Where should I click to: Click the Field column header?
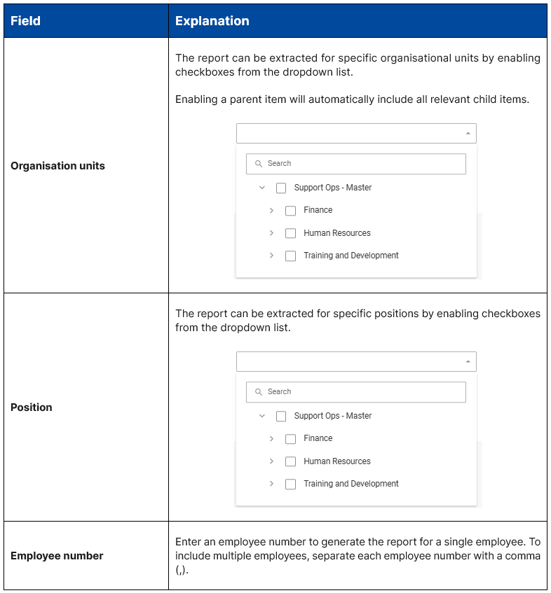pos(26,21)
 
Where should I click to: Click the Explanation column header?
pos(212,21)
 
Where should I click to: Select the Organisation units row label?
pos(57,166)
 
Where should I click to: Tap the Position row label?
pos(32,407)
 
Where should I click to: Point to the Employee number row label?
pos(57,556)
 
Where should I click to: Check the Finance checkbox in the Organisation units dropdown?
pos(290,211)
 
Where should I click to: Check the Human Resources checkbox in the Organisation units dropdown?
pos(290,233)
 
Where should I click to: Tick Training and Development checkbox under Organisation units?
pos(290,256)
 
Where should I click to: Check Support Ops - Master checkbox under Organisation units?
pos(281,188)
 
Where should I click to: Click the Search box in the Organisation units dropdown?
pos(356,164)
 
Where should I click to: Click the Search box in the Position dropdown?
pos(356,392)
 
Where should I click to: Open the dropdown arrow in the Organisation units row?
pos(468,133)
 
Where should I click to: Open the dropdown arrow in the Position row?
pos(468,361)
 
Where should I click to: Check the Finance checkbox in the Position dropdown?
pos(290,439)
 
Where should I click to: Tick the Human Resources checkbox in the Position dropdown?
pos(290,461)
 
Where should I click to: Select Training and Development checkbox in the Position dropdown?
pos(290,484)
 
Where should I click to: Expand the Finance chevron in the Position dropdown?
pos(271,439)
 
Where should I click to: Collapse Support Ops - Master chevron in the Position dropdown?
pos(262,416)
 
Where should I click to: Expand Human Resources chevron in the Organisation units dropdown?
pos(271,233)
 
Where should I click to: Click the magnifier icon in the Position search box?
pos(259,392)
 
